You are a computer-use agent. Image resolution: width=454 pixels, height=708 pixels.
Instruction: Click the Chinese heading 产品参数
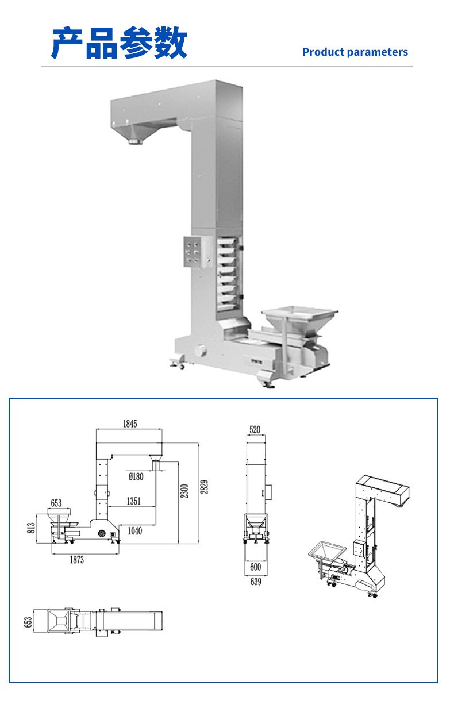tap(119, 43)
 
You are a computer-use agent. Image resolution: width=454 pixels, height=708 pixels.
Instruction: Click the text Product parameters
tap(355, 52)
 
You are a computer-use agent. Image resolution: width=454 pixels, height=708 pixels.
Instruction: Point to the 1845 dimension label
tap(130, 424)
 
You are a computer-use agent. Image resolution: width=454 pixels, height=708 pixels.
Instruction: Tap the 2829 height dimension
tap(204, 487)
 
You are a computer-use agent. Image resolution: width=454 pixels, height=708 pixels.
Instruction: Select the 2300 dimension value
tap(184, 491)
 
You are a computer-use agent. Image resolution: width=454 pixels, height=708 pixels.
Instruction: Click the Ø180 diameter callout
tap(136, 476)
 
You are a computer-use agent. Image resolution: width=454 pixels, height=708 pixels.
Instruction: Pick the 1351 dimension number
tap(133, 501)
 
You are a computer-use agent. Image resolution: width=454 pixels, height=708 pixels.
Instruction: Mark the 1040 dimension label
tap(134, 530)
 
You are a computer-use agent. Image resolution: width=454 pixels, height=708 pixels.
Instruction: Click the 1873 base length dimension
tap(77, 560)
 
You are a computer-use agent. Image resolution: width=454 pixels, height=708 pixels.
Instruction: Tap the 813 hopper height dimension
tap(31, 528)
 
